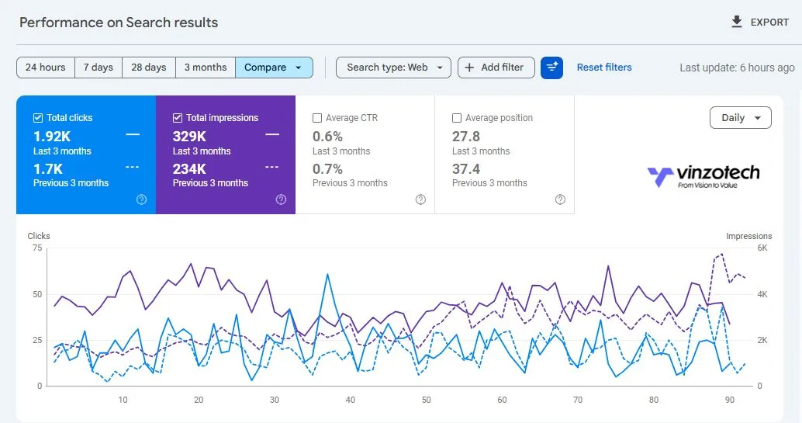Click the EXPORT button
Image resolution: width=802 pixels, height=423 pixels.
pyautogui.click(x=760, y=23)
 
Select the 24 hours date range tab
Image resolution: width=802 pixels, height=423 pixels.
pyautogui.click(x=46, y=68)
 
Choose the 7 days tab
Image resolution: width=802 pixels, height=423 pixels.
pyautogui.click(x=98, y=68)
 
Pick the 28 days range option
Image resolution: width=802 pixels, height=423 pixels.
pyautogui.click(x=148, y=68)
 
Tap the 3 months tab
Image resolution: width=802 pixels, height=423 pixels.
pyautogui.click(x=205, y=68)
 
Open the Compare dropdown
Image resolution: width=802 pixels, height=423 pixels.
pyautogui.click(x=273, y=68)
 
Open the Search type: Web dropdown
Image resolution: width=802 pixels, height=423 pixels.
pyautogui.click(x=393, y=68)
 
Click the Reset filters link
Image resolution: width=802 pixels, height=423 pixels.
pyautogui.click(x=603, y=68)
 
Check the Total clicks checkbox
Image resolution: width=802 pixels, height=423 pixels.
pyautogui.click(x=38, y=118)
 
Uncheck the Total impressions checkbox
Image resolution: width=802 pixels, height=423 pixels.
pyautogui.click(x=178, y=118)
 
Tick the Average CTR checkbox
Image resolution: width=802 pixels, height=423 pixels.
pyautogui.click(x=317, y=118)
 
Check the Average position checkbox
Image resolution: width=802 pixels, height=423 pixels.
pyautogui.click(x=457, y=118)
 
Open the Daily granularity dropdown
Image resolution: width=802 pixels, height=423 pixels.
pyautogui.click(x=740, y=118)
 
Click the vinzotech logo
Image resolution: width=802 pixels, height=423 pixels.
pyautogui.click(x=703, y=175)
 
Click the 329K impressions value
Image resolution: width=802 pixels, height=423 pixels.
pyautogui.click(x=189, y=137)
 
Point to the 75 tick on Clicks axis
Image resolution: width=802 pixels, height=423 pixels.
pyautogui.click(x=37, y=248)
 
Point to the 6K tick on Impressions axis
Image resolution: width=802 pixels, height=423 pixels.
pyautogui.click(x=762, y=248)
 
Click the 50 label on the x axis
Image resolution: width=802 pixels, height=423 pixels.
pyautogui.click(x=426, y=400)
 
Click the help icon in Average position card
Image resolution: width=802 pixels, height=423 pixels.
pyautogui.click(x=560, y=199)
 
